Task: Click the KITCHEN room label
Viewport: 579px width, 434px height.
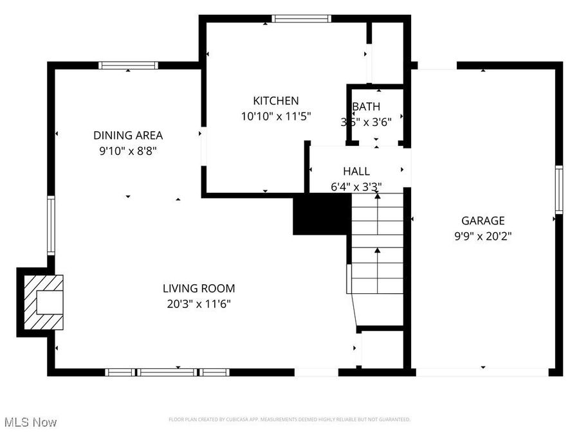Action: (275, 101)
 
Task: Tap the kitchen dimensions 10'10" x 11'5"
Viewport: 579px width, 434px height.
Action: (275, 117)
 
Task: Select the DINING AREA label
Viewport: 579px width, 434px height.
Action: (128, 136)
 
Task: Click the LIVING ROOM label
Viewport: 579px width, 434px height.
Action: (199, 289)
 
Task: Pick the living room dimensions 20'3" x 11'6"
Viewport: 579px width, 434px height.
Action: (199, 304)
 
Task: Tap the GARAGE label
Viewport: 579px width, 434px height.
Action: (483, 221)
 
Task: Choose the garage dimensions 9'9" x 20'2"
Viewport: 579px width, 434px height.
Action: (483, 236)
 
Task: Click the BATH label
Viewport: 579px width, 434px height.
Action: (366, 107)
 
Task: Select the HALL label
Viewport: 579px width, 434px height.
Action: (356, 172)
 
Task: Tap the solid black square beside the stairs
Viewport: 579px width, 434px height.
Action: (322, 215)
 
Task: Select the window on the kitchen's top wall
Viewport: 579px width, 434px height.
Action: (302, 19)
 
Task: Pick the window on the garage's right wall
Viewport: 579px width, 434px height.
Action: (559, 190)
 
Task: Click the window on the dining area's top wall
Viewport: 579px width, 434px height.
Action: (128, 65)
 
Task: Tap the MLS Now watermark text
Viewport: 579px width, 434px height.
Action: (30, 422)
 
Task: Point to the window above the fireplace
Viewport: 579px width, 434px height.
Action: (51, 226)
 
